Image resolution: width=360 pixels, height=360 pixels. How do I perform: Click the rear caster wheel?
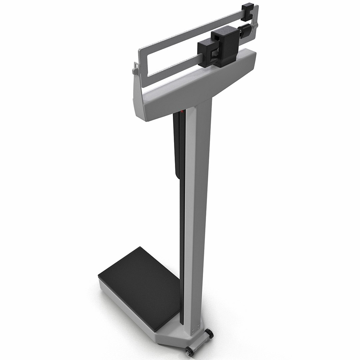click(x=209, y=334)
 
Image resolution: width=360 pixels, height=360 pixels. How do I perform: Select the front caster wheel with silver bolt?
click(x=190, y=350)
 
